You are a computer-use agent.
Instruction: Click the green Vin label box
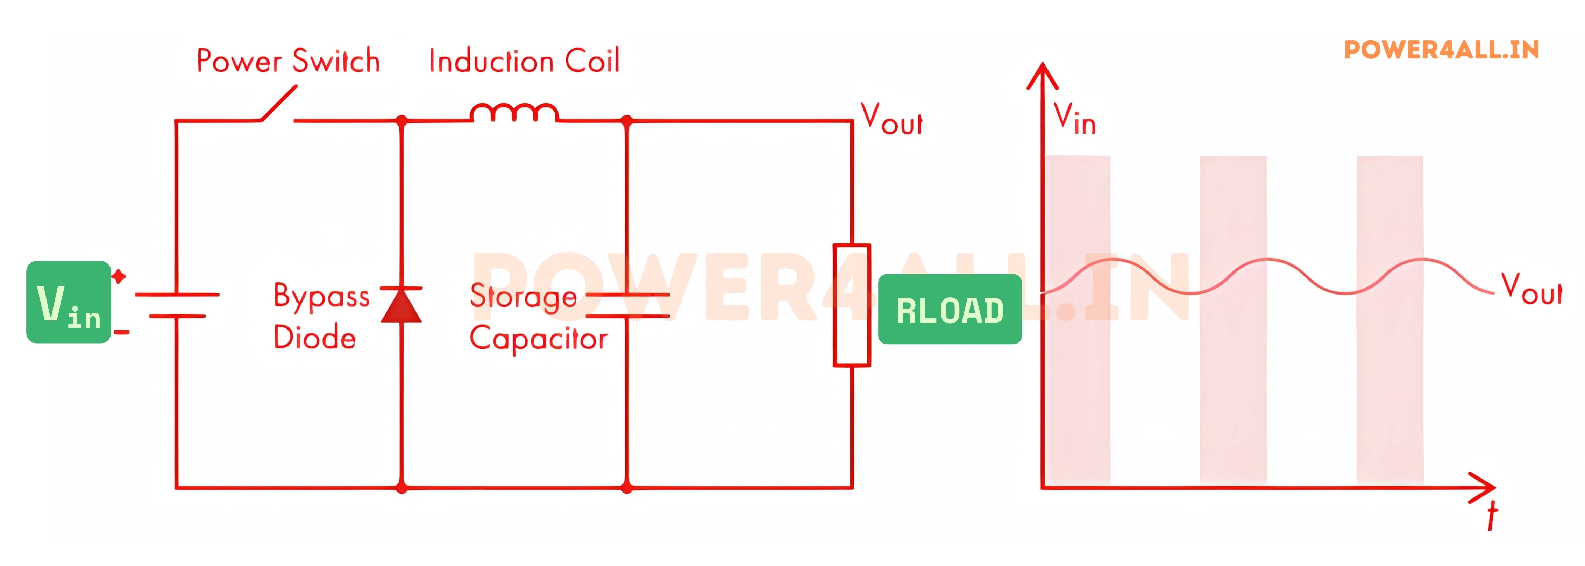coord(68,302)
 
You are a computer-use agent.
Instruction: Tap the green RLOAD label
coord(950,310)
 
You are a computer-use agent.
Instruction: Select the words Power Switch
coord(288,61)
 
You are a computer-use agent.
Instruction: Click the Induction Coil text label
coord(524,61)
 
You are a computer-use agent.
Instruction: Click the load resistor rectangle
coord(852,305)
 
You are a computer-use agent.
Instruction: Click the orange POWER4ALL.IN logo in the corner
coord(1441,50)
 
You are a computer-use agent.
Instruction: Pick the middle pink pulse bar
coord(1233,320)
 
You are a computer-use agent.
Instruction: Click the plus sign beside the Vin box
coord(119,276)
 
